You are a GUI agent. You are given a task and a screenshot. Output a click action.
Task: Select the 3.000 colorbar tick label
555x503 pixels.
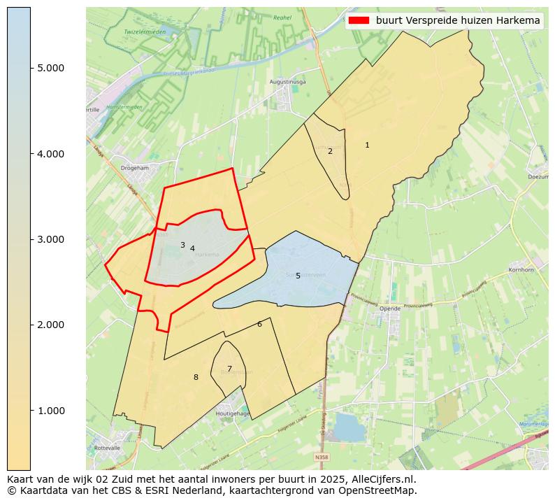[50, 239]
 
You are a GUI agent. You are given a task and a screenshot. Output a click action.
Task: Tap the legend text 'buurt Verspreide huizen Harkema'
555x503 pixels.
[458, 21]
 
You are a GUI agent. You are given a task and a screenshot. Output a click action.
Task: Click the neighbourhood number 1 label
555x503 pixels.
[367, 145]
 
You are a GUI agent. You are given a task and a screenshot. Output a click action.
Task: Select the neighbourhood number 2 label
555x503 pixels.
[330, 151]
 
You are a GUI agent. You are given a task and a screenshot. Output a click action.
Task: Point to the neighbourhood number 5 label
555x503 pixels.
[298, 276]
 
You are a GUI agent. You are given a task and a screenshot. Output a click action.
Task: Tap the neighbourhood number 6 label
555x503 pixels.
[259, 324]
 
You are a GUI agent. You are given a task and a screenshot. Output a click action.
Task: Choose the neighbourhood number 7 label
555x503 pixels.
[229, 369]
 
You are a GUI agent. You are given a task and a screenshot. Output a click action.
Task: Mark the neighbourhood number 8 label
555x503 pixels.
[196, 377]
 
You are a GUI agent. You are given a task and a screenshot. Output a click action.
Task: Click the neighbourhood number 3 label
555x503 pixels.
[182, 245]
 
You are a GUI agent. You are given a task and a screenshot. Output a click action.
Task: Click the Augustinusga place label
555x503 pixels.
[288, 82]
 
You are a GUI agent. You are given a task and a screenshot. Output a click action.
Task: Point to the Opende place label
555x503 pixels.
[391, 309]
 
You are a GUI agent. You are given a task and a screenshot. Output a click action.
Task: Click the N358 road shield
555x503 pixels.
[321, 458]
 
